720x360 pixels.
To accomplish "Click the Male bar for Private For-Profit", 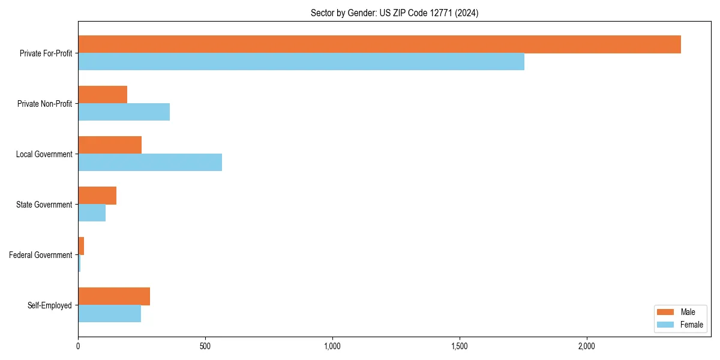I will pyautogui.click(x=379, y=44).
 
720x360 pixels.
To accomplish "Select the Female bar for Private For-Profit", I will pyautogui.click(x=301, y=62).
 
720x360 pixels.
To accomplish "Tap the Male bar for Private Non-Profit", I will pyautogui.click(x=103, y=95).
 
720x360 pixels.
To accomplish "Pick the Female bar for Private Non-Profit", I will pyautogui.click(x=124, y=112).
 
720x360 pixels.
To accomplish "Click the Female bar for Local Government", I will pyautogui.click(x=150, y=163).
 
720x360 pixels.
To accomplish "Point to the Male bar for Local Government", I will pyautogui.click(x=110, y=145).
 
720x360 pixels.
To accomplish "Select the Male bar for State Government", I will pyautogui.click(x=97, y=196).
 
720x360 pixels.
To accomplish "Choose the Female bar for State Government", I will pyautogui.click(x=92, y=213).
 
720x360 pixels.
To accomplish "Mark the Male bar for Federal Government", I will pyautogui.click(x=81, y=246).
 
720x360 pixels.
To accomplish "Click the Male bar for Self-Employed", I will pyautogui.click(x=114, y=296).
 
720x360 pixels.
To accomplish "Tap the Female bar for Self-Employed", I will pyautogui.click(x=109, y=314).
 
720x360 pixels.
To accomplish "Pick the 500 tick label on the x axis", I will pyautogui.click(x=205, y=346).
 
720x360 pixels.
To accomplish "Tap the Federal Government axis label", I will pyautogui.click(x=41, y=255).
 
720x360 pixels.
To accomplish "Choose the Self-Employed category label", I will pyautogui.click(x=50, y=305).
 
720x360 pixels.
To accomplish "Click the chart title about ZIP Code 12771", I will pyautogui.click(x=394, y=13).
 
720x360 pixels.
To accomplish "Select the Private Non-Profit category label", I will pyautogui.click(x=44, y=104).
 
